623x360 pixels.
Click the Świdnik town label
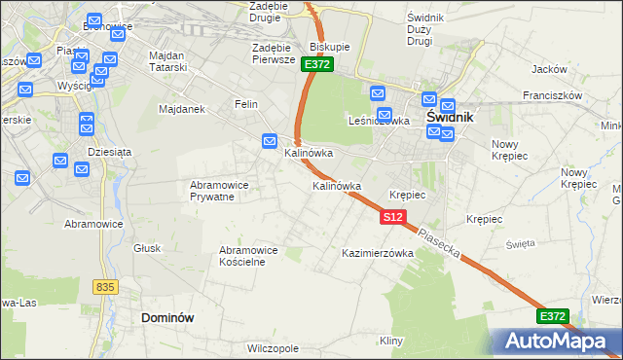(450, 117)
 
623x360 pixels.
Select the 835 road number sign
(106, 287)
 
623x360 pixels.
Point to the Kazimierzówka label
(378, 253)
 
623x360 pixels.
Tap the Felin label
(246, 103)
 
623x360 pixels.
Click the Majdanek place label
(181, 109)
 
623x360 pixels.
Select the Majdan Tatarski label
(174, 61)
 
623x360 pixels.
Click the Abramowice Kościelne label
(248, 256)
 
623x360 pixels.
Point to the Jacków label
(549, 69)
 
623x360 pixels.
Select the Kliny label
(391, 341)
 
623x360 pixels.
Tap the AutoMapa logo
(561, 341)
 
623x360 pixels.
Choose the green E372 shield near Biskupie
(317, 64)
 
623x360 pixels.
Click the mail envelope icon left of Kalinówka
(271, 142)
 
